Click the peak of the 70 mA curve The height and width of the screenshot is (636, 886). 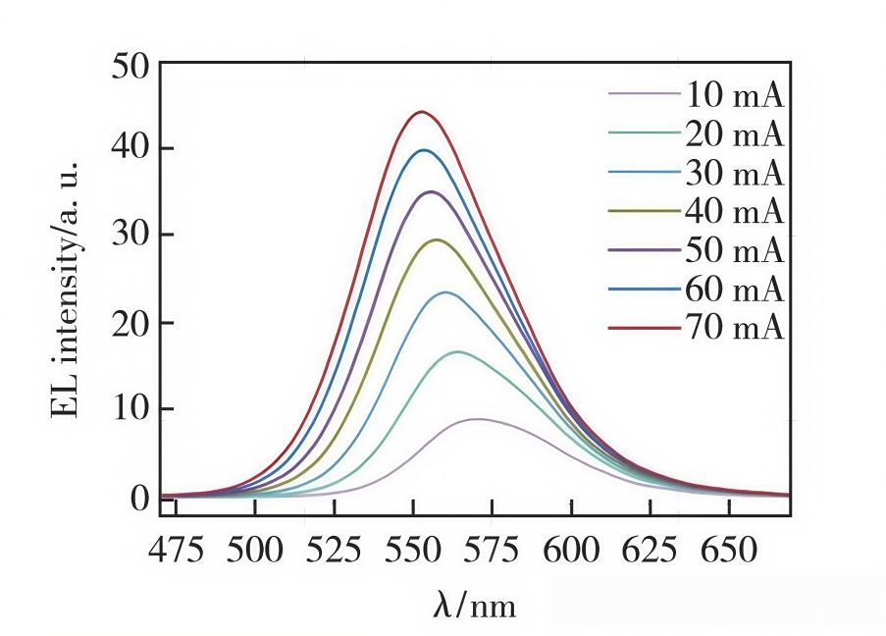pos(422,112)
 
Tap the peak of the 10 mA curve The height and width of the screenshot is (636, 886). pos(477,419)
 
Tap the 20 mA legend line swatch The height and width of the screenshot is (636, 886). pos(645,134)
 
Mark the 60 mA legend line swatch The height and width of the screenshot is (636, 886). pos(645,290)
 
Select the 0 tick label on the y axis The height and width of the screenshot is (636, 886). pos(139,499)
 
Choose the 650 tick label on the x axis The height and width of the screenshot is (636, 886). pos(729,550)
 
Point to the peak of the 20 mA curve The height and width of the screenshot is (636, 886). pos(457,351)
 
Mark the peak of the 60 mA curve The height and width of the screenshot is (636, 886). pos(424,150)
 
